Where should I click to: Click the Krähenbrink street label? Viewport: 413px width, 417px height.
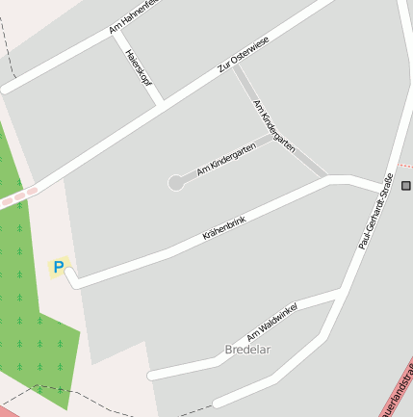click(224, 228)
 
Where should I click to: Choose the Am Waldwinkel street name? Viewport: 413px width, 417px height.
click(271, 322)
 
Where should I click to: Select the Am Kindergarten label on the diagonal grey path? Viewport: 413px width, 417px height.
click(273, 124)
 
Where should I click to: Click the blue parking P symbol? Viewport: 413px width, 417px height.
click(59, 267)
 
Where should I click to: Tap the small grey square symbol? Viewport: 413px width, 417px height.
click(406, 185)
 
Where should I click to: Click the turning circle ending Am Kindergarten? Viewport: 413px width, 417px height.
click(176, 182)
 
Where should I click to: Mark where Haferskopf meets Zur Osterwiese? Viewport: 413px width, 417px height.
click(158, 102)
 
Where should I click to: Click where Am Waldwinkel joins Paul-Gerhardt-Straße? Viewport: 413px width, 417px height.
click(343, 289)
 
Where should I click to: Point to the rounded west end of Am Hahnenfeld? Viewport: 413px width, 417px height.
click(5, 89)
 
